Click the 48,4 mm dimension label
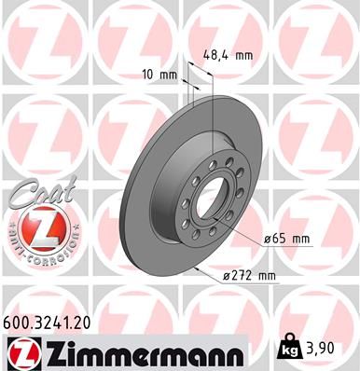[228, 56]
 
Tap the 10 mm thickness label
[159, 73]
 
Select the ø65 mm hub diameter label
[287, 239]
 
